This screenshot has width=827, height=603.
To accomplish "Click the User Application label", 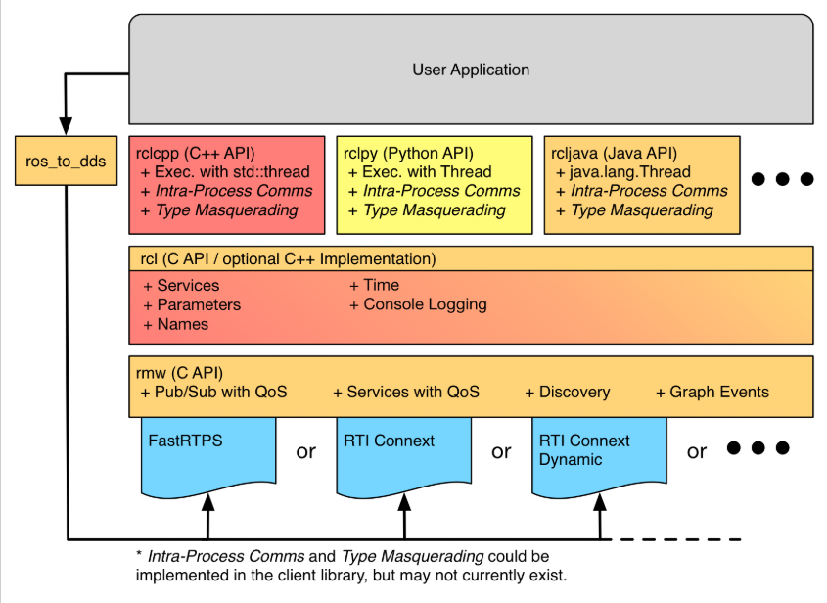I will tap(471, 70).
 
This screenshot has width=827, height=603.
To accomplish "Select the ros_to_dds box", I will tap(66, 162).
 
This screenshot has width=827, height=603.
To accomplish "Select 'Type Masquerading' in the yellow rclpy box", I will tap(427, 210).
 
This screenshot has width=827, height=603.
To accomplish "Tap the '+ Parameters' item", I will tap(192, 304).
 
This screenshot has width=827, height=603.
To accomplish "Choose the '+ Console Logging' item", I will tap(418, 304).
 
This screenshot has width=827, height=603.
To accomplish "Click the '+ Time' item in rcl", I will tap(374, 286).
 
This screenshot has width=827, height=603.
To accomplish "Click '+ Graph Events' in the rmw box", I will tap(712, 392).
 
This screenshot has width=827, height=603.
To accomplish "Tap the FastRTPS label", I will tap(186, 441).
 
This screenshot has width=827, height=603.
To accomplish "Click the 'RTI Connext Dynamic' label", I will tap(584, 449).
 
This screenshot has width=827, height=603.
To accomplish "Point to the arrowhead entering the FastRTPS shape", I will tap(207, 502).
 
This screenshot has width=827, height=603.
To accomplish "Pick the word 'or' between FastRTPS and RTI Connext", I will tap(305, 451).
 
